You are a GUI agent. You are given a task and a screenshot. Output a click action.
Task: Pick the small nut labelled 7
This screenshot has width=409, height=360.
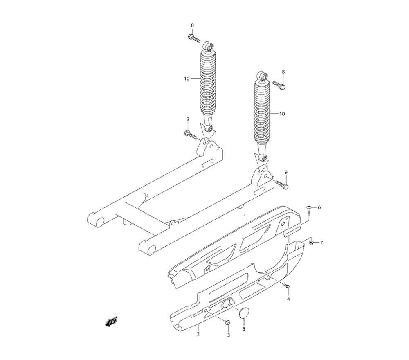click(x=312, y=243)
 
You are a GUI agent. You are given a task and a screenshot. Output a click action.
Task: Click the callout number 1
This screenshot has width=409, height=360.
click(x=245, y=216)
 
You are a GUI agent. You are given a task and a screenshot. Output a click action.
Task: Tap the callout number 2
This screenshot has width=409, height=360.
click(x=198, y=334)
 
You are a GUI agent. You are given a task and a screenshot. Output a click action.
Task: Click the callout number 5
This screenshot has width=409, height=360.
click(x=244, y=328)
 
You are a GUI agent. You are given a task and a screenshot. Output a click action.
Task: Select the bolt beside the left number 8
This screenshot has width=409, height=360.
click(x=194, y=39)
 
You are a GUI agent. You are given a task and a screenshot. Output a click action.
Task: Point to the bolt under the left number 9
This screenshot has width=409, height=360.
click(x=191, y=133)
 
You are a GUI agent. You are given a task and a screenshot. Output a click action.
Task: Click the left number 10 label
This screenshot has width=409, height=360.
click(x=187, y=79)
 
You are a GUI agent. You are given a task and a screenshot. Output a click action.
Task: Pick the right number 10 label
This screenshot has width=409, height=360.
click(x=282, y=114)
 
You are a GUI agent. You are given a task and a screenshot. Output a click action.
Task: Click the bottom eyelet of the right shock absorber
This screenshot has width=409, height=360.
click(x=264, y=157)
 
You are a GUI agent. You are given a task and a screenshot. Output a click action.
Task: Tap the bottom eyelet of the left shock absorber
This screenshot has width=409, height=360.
click(x=210, y=129)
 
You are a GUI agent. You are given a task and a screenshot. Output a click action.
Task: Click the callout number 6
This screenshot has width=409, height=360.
click(x=319, y=207)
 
